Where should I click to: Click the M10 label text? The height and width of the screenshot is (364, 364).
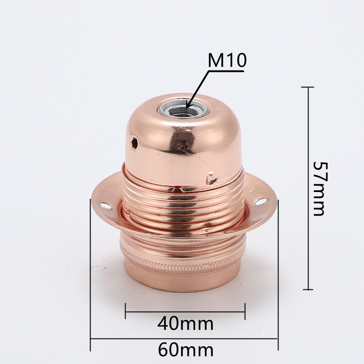(x=227, y=60)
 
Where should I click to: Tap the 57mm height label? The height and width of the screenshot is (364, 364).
(x=321, y=189)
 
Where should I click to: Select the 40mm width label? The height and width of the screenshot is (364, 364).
(x=185, y=324)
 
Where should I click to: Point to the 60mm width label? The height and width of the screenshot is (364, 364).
(x=186, y=350)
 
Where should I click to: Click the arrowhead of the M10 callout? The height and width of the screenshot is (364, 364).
(x=188, y=106)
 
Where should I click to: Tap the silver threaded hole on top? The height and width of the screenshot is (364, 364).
(x=183, y=109)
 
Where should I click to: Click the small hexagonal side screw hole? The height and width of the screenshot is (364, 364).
(x=134, y=142)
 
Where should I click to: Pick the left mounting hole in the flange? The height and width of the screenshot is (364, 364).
(x=106, y=206)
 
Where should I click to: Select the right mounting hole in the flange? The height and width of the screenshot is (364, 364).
(x=261, y=202)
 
